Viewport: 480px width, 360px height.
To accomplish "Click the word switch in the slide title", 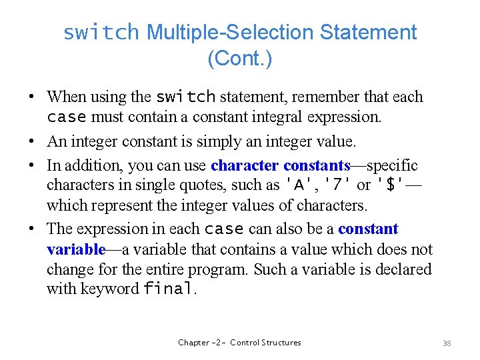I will point(101,32).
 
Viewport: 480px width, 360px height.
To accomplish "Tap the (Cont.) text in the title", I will point(239,59).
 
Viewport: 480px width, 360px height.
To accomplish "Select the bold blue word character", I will point(245,165).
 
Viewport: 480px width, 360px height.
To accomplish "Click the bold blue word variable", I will point(75,249).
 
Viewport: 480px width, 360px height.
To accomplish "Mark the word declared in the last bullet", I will point(400,269).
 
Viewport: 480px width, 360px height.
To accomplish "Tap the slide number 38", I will point(447,343).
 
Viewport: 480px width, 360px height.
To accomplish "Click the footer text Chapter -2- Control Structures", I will point(239,343).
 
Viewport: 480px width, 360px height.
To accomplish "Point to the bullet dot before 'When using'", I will point(31,97).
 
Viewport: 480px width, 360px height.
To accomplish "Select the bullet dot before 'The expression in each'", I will point(31,229).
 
